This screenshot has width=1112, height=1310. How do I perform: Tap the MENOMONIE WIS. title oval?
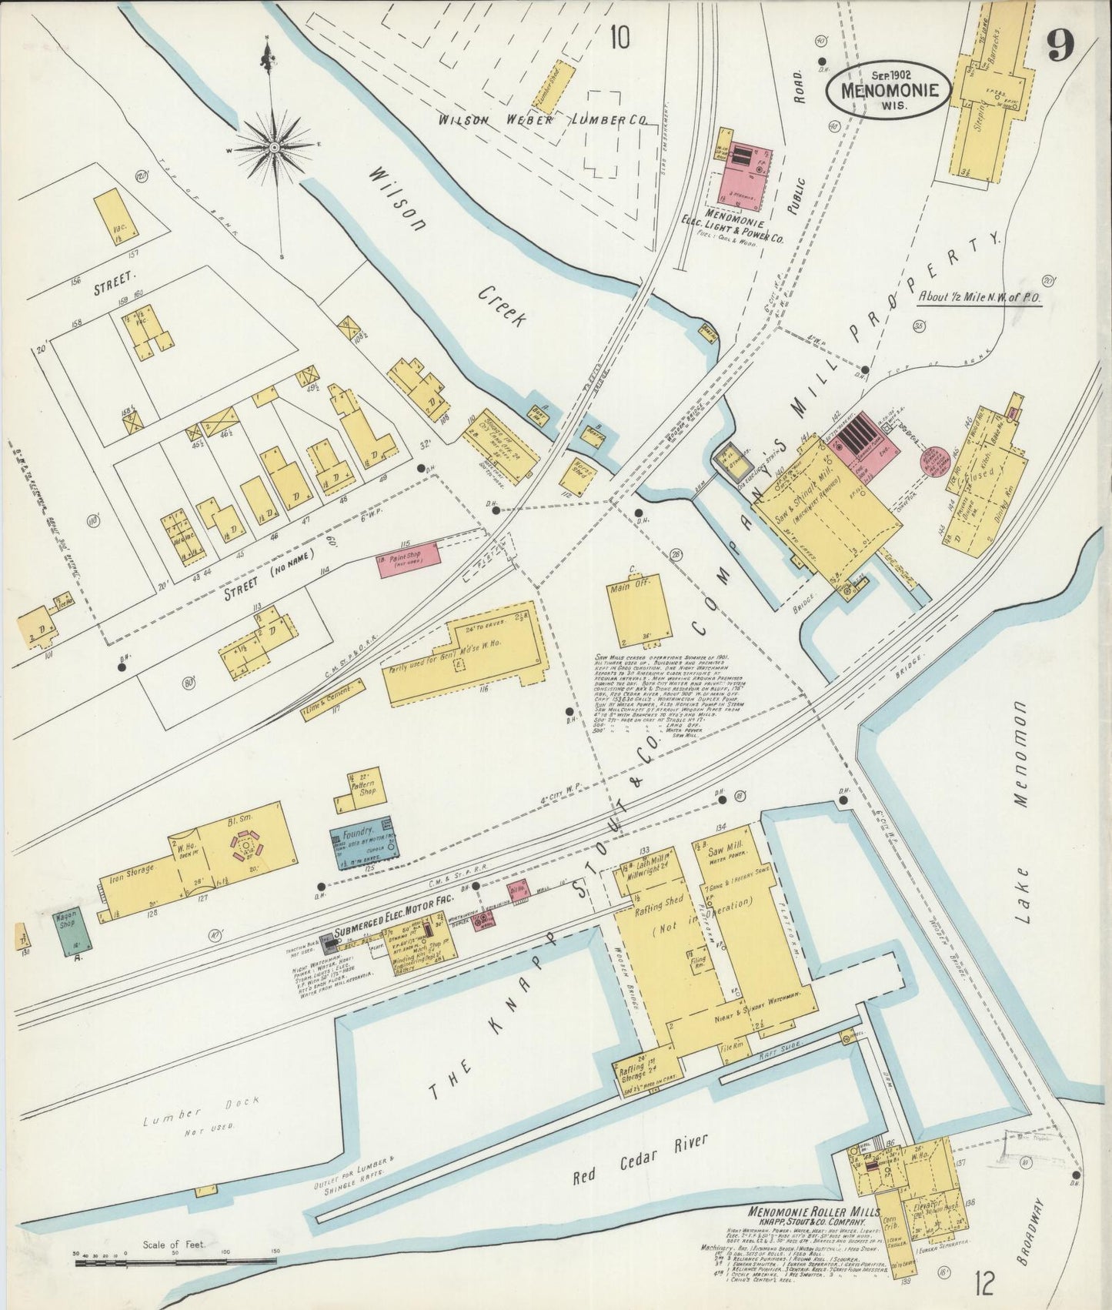889,89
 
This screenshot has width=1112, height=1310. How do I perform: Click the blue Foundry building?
365,843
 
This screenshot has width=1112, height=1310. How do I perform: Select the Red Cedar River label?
639,1160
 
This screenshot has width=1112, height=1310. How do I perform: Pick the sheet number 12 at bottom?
983,1283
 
